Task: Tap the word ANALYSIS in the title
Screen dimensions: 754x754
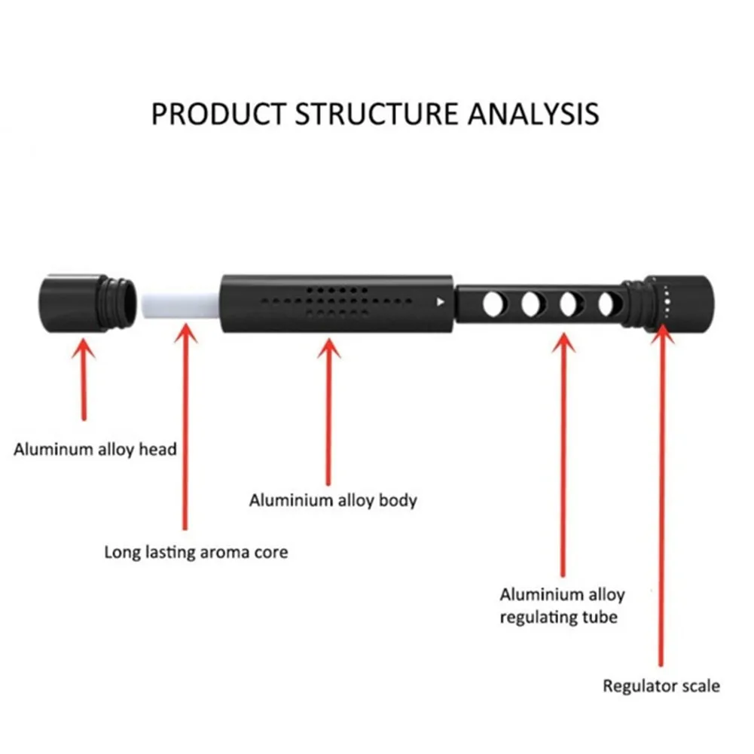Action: (x=533, y=114)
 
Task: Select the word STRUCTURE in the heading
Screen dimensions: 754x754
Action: (x=376, y=114)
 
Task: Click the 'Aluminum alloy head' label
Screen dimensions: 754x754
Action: (x=95, y=450)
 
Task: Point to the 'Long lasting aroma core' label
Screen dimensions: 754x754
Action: (x=196, y=552)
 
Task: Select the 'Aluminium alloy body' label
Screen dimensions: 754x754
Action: (x=333, y=501)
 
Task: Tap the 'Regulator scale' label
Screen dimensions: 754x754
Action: (x=661, y=685)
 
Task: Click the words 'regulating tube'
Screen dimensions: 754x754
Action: (x=558, y=617)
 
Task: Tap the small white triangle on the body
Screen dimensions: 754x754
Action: (x=440, y=302)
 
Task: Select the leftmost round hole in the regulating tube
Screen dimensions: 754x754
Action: (x=494, y=304)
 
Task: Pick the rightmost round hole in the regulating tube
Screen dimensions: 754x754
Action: (x=609, y=304)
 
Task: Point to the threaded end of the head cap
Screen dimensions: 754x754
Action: (x=121, y=304)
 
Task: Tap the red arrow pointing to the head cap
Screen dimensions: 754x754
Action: (x=84, y=380)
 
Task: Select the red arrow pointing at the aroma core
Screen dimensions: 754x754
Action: (x=185, y=427)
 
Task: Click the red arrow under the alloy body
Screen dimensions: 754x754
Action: (x=328, y=412)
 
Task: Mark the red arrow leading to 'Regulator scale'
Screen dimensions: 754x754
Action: (x=661, y=496)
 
